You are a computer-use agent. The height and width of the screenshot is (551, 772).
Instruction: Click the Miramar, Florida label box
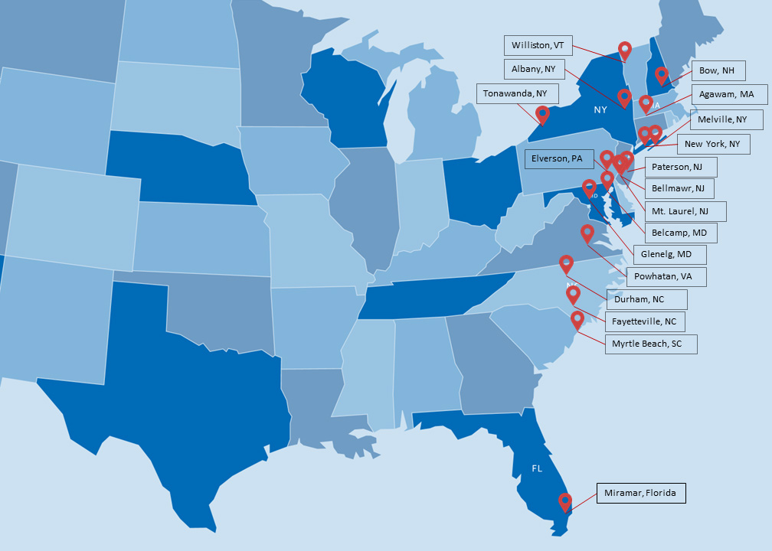[x=641, y=493]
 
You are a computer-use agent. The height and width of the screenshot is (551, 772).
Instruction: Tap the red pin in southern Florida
[x=565, y=501]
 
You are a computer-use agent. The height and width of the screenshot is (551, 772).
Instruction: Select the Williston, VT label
[x=538, y=45]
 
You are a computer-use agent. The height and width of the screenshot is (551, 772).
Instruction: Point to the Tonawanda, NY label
[x=517, y=93]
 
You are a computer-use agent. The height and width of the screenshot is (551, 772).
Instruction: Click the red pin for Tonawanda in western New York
[x=542, y=114]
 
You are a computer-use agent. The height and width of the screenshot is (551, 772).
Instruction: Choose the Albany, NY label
[x=534, y=69]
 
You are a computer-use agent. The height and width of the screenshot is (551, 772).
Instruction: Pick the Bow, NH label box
[x=718, y=71]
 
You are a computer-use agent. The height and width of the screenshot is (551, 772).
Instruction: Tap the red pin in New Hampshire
[x=662, y=75]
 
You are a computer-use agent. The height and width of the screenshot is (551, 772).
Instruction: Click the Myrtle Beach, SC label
[x=650, y=344]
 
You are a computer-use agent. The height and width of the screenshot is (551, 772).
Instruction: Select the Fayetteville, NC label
[x=644, y=321]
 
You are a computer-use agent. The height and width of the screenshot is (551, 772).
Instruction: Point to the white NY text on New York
[x=600, y=109]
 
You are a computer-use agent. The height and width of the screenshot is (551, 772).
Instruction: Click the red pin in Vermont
[x=625, y=51]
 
